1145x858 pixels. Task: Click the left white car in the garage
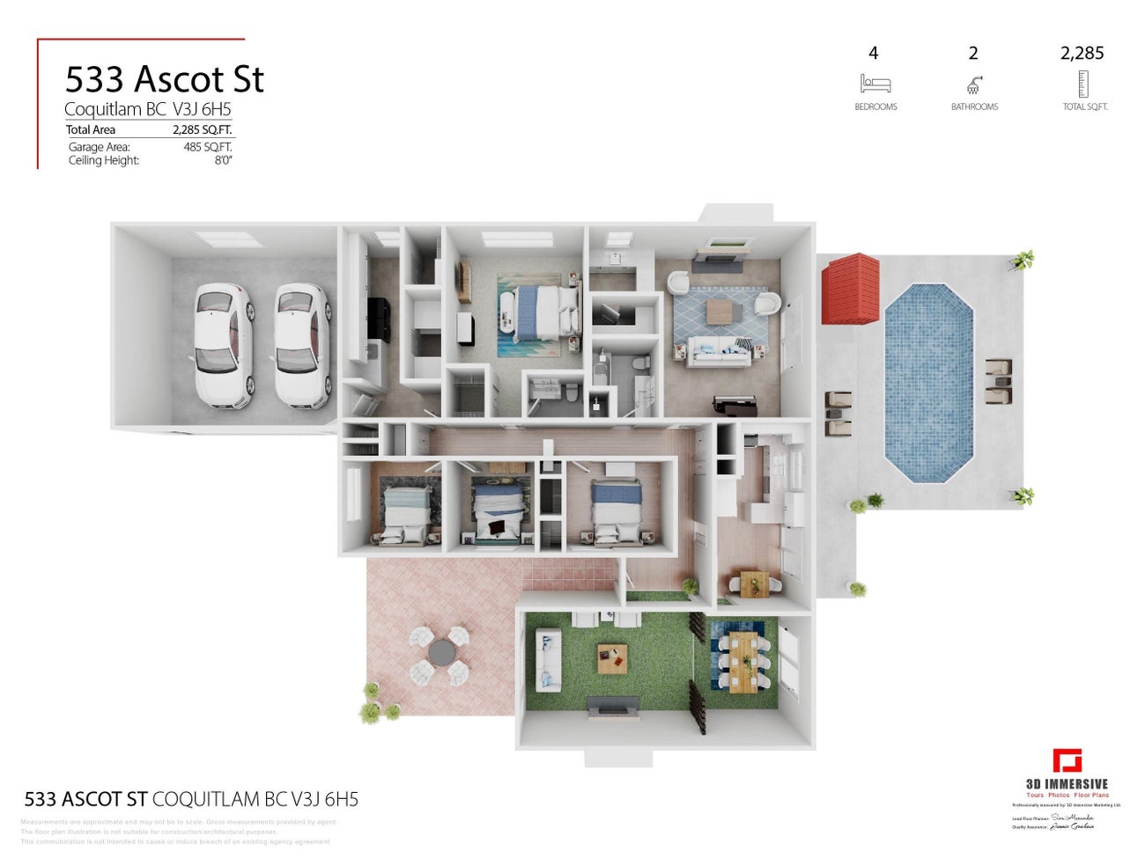(223, 345)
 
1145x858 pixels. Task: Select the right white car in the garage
(303, 345)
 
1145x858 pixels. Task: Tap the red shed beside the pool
(851, 289)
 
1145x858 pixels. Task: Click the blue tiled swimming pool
(929, 382)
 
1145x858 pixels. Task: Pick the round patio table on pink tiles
(441, 653)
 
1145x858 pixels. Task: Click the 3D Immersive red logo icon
(1067, 761)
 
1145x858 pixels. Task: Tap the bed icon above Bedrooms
(875, 84)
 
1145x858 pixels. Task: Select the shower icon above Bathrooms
(973, 84)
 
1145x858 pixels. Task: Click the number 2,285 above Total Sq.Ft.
(1082, 54)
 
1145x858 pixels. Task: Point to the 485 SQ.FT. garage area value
(208, 147)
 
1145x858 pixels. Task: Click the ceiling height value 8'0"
(223, 160)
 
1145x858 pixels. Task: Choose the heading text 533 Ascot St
(165, 79)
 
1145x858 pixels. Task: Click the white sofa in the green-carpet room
(547, 658)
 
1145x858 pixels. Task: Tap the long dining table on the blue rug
(743, 662)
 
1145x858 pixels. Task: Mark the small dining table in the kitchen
(754, 583)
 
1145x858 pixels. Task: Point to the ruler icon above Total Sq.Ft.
(1083, 84)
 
